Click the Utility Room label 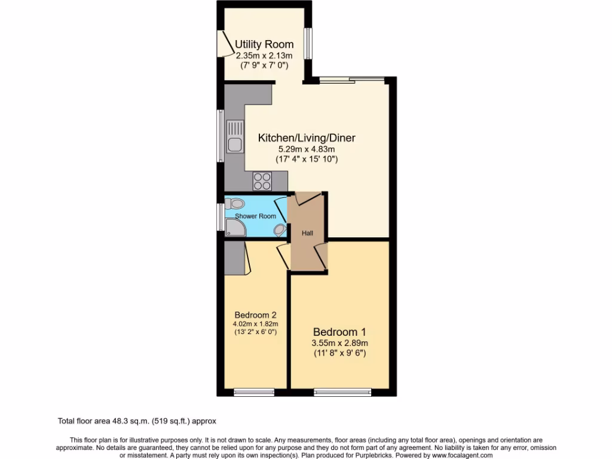tap(264, 44)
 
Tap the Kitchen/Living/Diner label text tap(307, 138)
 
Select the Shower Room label tap(255, 216)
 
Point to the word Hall tap(307, 234)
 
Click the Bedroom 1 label tap(339, 332)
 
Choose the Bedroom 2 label tap(255, 315)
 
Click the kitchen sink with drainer tap(234, 136)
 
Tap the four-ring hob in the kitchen tap(262, 180)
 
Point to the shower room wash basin tap(279, 230)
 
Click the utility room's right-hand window tap(308, 44)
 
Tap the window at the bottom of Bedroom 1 tap(342, 392)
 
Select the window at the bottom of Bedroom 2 tap(254, 392)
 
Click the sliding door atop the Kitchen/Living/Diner tap(351, 79)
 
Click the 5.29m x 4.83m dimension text tap(307, 149)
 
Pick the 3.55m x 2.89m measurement tap(339, 343)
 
